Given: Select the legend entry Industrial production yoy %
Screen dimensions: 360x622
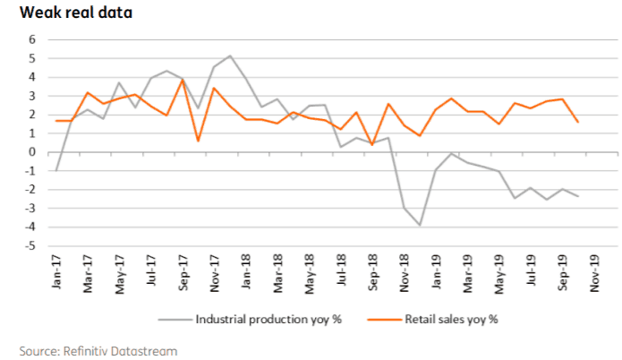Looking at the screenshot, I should pos(267,317).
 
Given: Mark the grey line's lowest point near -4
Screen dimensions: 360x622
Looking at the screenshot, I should pos(420,225).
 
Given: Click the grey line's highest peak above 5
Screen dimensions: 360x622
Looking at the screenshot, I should pos(230,56).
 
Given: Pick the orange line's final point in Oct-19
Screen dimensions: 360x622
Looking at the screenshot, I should pos(577,122).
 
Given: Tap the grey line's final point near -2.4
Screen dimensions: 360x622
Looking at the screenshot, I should pos(577,196).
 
